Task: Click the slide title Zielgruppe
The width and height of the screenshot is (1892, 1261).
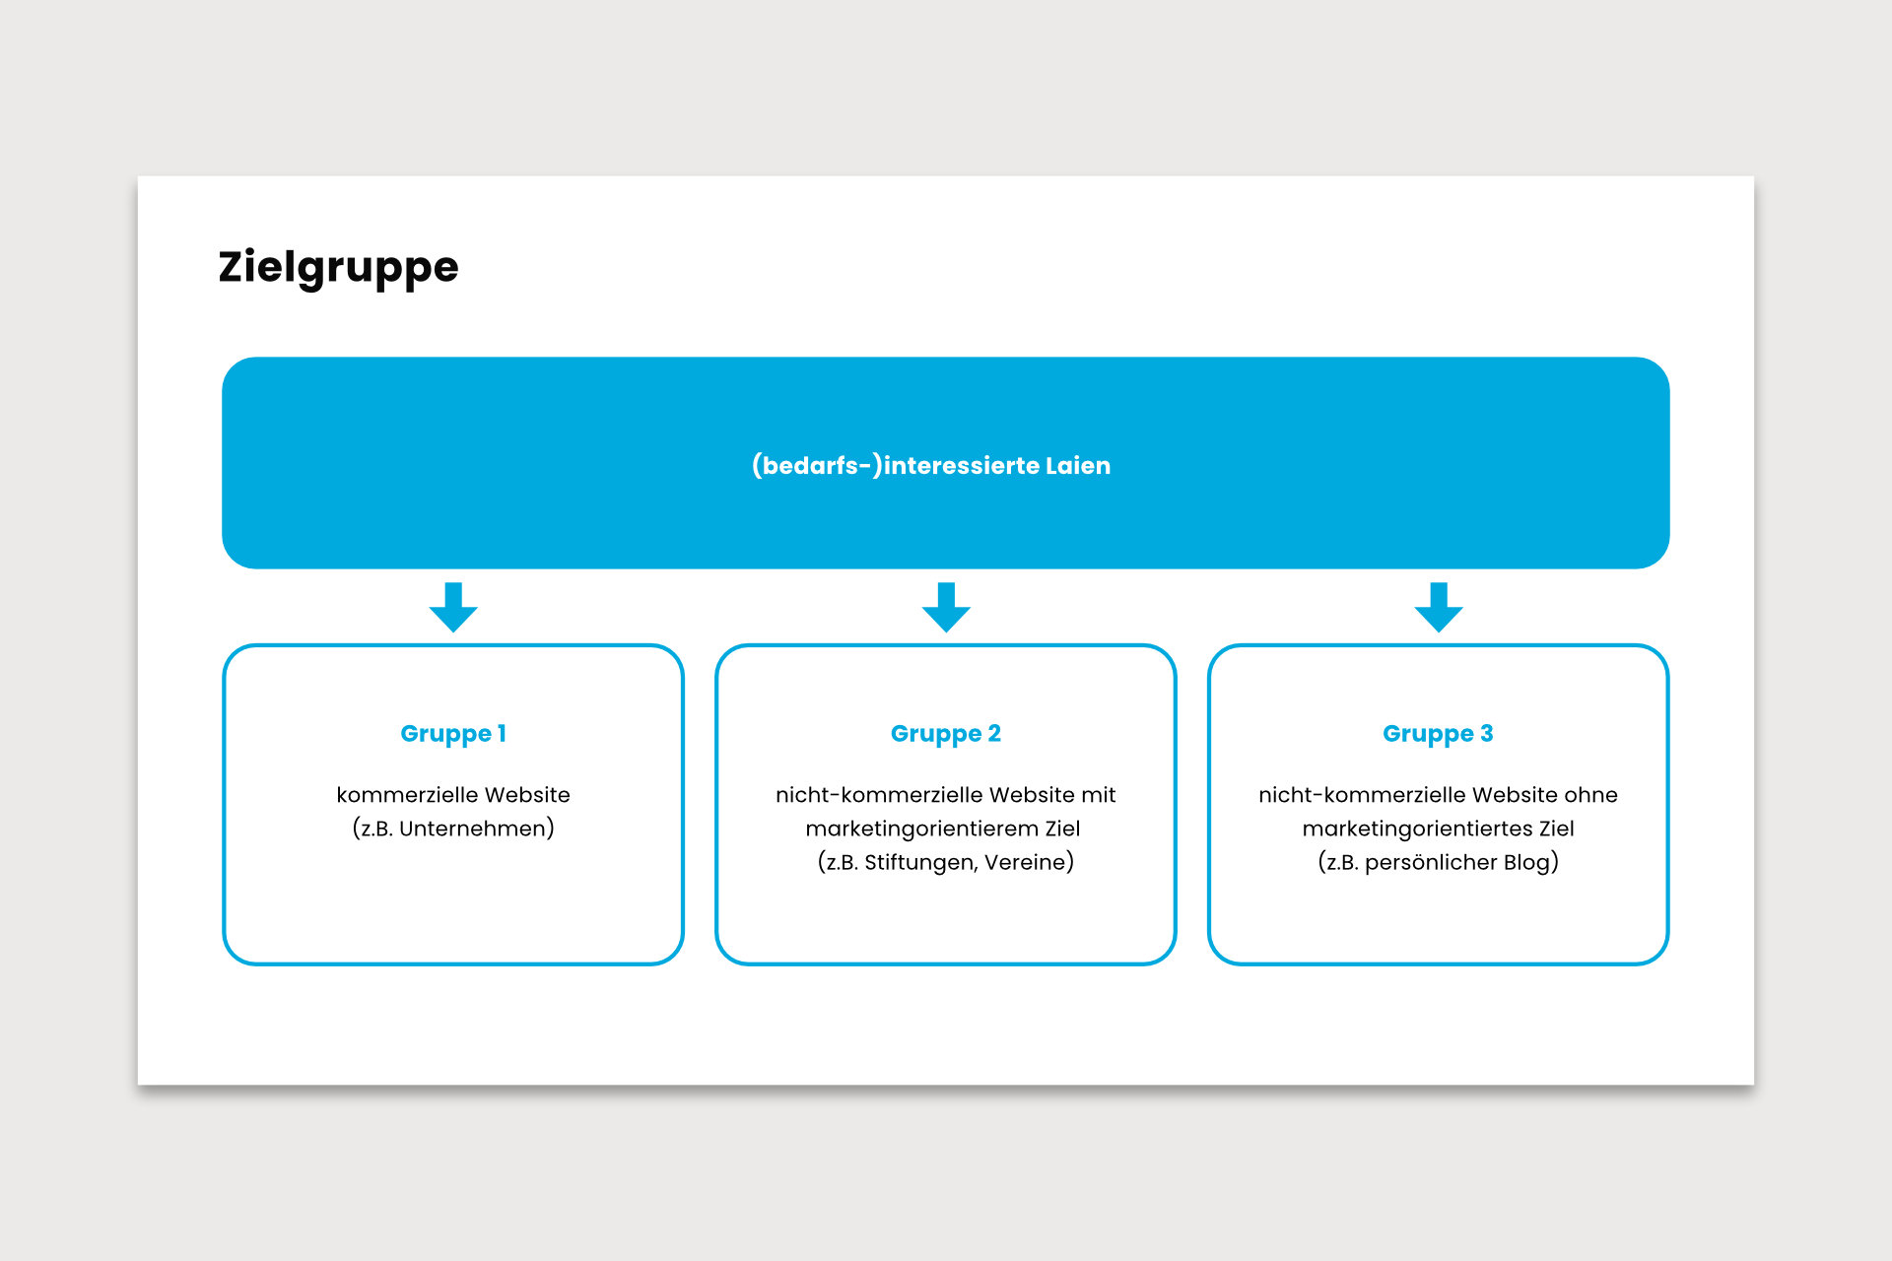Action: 338,268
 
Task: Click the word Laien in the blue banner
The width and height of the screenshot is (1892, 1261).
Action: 1078,465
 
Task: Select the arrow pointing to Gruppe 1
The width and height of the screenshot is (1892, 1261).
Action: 453,607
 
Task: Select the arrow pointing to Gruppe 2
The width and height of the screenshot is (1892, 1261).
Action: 946,607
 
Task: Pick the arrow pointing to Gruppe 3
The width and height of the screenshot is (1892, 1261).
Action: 1439,607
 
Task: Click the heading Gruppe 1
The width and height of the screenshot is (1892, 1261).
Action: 453,734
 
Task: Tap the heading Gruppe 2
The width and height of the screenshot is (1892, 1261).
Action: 946,734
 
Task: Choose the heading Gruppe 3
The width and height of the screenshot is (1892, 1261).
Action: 1439,734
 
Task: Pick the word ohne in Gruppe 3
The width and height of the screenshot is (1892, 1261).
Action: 1591,795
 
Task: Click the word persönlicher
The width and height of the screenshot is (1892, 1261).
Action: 1430,863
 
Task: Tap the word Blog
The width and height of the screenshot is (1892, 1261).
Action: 1526,863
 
